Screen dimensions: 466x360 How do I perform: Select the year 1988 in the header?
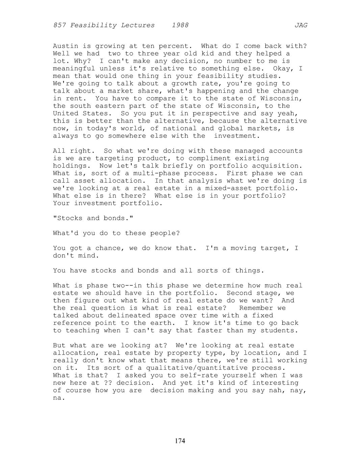coord(180,25)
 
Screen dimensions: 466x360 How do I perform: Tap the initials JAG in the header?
coord(301,25)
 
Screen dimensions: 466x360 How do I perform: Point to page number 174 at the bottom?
coord(180,441)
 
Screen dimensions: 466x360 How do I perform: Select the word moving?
coord(243,248)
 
